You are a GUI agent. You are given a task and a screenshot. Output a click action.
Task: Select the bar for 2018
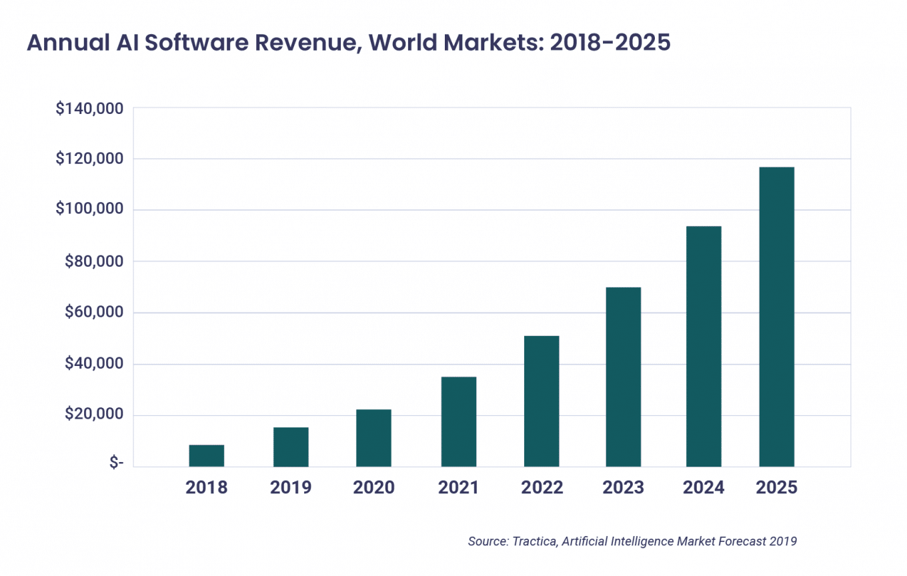click(x=206, y=455)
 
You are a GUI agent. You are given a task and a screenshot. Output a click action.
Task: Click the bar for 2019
click(x=291, y=447)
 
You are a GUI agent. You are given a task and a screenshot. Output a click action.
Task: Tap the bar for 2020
click(x=373, y=437)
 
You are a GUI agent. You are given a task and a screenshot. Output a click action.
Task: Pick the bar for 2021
click(x=458, y=421)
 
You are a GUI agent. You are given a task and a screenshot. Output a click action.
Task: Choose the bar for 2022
click(x=542, y=401)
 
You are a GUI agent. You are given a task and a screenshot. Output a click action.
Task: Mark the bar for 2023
click(x=624, y=377)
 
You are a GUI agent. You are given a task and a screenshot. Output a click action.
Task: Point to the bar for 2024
click(x=704, y=346)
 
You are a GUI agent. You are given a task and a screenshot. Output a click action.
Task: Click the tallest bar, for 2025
click(x=776, y=317)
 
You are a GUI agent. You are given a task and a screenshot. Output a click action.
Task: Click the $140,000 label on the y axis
click(x=89, y=108)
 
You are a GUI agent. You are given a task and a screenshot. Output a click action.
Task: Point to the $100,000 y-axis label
click(x=89, y=210)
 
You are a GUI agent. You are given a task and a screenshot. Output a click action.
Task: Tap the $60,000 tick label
click(x=93, y=313)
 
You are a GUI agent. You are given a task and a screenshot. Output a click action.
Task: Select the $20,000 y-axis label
click(x=93, y=415)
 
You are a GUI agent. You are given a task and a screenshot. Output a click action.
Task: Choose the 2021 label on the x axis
click(x=458, y=487)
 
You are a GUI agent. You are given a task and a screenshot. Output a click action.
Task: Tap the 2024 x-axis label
click(x=704, y=487)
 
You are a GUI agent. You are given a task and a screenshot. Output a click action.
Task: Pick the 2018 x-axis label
click(x=206, y=487)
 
